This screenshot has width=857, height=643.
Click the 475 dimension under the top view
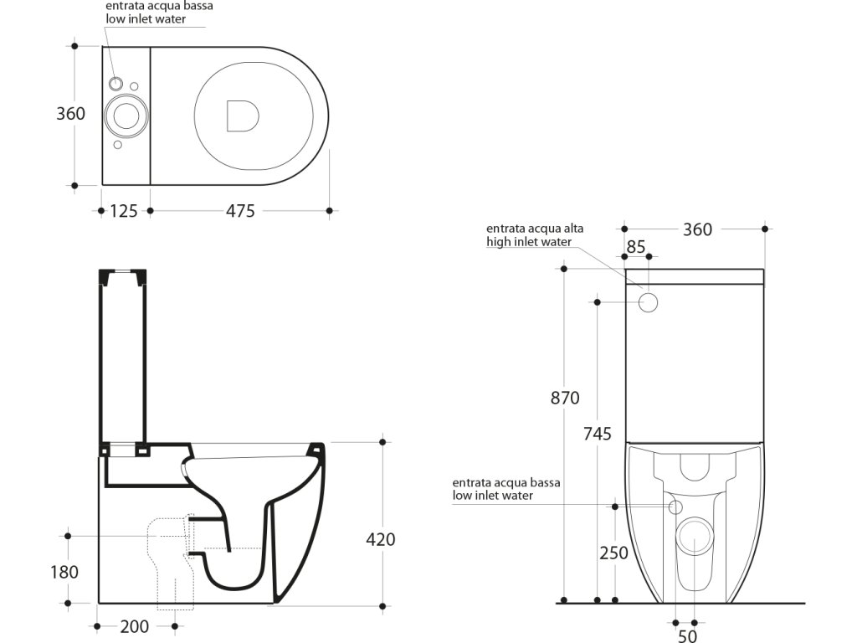tap(240, 211)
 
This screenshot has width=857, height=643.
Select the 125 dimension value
tap(124, 211)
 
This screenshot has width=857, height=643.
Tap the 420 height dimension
tap(380, 540)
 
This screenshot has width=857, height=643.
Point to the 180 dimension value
tap(64, 572)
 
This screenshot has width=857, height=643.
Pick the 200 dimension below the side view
tap(135, 626)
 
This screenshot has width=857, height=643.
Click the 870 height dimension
tap(565, 399)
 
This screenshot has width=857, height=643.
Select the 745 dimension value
tap(597, 434)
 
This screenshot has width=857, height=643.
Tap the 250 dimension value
tap(613, 553)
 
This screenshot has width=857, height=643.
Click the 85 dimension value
tap(636, 247)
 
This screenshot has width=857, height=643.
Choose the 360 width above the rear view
tap(697, 229)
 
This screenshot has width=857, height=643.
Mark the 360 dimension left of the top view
tap(70, 113)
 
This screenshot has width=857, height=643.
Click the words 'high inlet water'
tap(529, 242)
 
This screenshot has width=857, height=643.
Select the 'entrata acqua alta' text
tap(536, 229)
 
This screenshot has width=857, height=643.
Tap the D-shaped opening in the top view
tap(242, 116)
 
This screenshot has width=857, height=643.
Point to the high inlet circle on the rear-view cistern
tap(649, 302)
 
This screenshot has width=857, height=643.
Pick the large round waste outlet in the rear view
tap(693, 537)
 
